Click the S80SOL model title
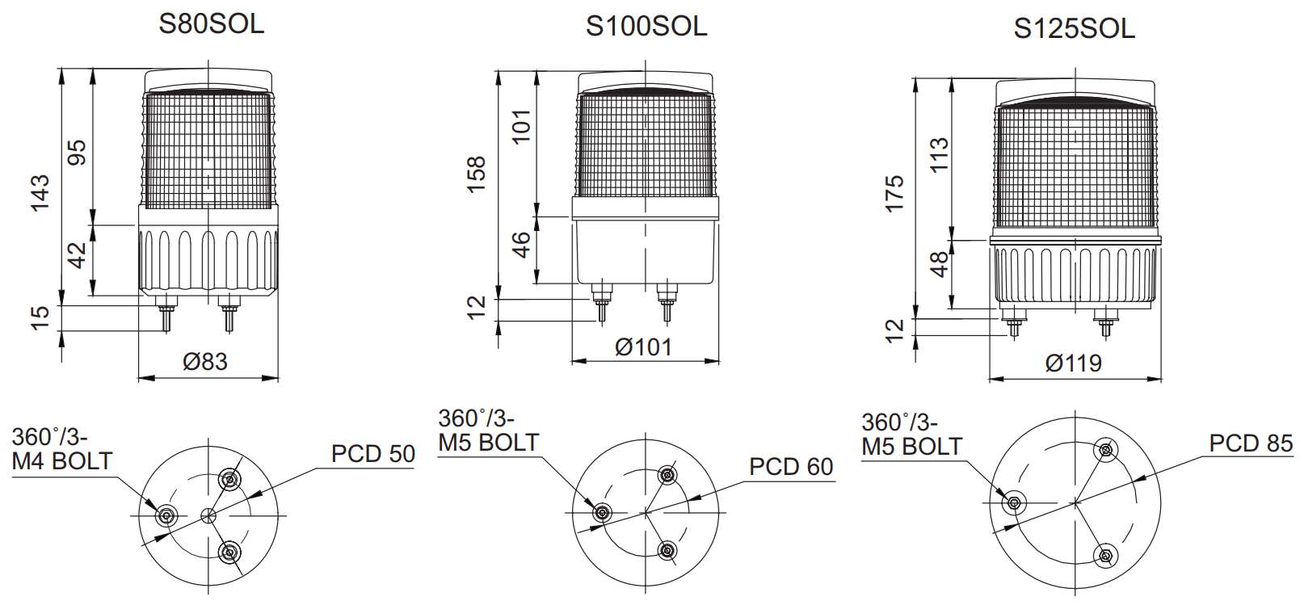pos(212,23)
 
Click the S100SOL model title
pos(646,26)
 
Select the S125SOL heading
pos(1075,28)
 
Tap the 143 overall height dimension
pos(40,192)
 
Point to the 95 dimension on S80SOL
pos(77,153)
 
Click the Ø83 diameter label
pos(205,361)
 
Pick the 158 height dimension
pos(475,174)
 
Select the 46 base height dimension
pos(522,244)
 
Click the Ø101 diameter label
pos(644,347)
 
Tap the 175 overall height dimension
pos(894,194)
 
